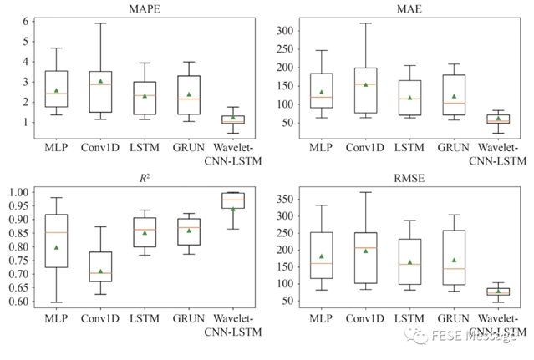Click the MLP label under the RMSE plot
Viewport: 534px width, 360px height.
[318, 318]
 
